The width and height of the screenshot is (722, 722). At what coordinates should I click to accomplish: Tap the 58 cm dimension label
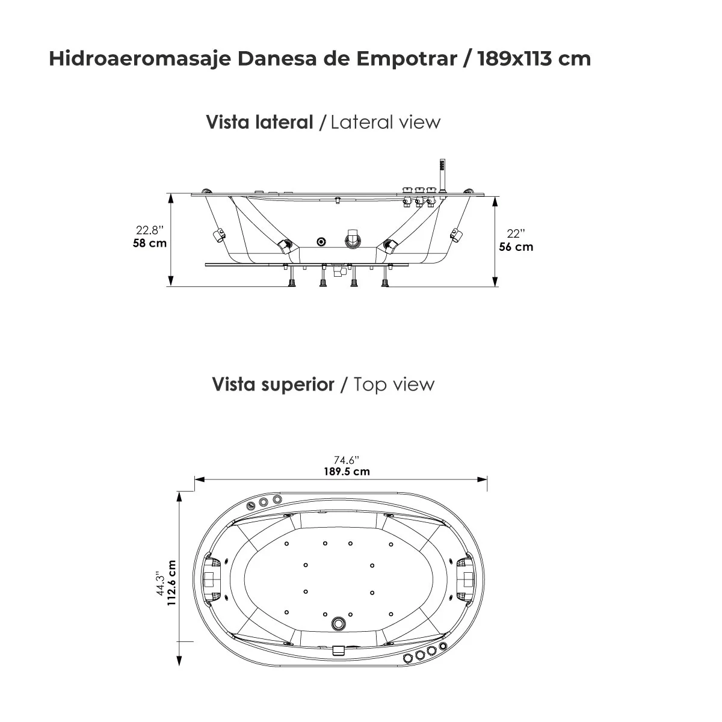(x=150, y=243)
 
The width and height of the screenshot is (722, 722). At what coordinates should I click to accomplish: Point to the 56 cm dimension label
(x=516, y=247)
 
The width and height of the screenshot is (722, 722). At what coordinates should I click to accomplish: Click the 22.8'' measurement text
(x=150, y=229)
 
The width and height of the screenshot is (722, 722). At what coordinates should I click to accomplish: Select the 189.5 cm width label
(x=347, y=471)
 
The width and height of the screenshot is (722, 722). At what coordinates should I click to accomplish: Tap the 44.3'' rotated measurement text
(x=160, y=583)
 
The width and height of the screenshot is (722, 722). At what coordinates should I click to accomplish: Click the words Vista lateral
(x=259, y=122)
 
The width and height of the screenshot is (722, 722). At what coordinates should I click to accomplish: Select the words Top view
(x=393, y=384)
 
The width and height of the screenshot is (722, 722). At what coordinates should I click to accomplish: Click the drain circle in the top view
(x=339, y=620)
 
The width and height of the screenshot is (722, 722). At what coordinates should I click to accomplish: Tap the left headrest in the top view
(x=212, y=578)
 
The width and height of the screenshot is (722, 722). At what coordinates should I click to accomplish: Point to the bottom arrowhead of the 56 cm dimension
(x=495, y=282)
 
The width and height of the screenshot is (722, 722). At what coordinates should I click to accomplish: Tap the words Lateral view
(x=386, y=122)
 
